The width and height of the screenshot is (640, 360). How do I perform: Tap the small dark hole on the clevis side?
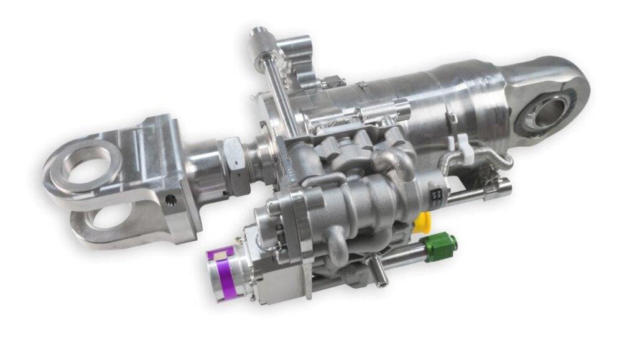pos(171,200)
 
